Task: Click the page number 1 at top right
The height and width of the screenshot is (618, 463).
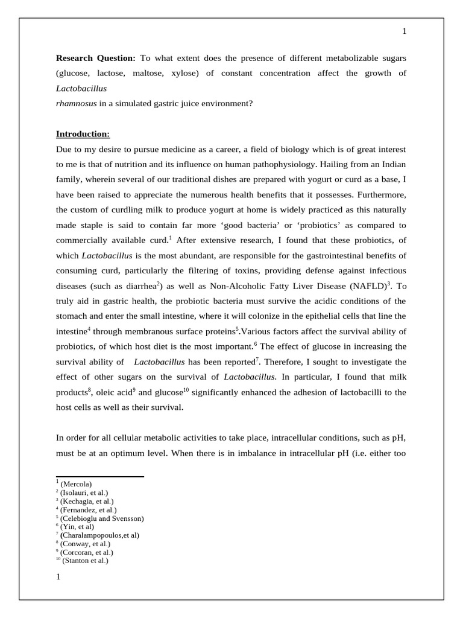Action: (x=405, y=31)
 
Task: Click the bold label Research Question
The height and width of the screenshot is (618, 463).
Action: (x=96, y=58)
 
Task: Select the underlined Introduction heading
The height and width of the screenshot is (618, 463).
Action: (x=83, y=133)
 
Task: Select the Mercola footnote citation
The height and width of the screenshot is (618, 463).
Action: (x=75, y=484)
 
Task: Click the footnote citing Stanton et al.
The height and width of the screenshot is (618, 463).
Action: (x=84, y=561)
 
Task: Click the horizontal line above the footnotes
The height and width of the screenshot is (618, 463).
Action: (x=99, y=476)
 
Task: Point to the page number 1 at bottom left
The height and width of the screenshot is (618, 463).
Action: (x=58, y=577)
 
